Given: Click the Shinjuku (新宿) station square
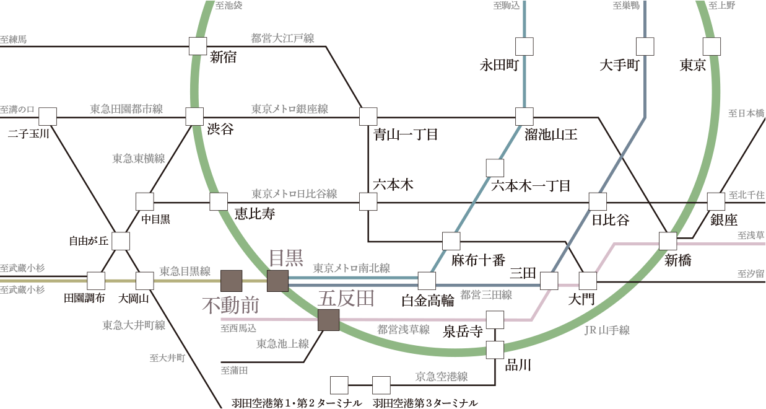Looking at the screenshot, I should (x=198, y=46).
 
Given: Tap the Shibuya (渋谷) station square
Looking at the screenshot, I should (x=194, y=116).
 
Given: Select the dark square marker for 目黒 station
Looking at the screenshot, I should (x=277, y=281).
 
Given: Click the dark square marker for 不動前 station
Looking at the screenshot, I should (x=231, y=281).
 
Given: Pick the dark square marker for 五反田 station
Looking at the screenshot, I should (x=328, y=320).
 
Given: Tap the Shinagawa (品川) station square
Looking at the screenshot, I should (x=495, y=350).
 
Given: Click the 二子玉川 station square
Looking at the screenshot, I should (x=48, y=116).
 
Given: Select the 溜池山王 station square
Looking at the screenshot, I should (x=524, y=116).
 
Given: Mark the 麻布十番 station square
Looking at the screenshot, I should (x=451, y=241).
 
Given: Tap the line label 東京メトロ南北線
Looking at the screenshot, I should (x=351, y=268).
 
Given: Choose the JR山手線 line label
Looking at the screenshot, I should (x=607, y=331).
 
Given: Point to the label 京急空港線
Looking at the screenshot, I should (x=441, y=376).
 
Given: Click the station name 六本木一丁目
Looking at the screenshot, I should (x=530, y=185).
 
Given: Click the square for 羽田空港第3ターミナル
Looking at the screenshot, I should (x=381, y=385).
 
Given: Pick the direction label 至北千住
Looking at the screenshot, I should (x=746, y=195).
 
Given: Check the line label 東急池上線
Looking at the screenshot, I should (x=282, y=344).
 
